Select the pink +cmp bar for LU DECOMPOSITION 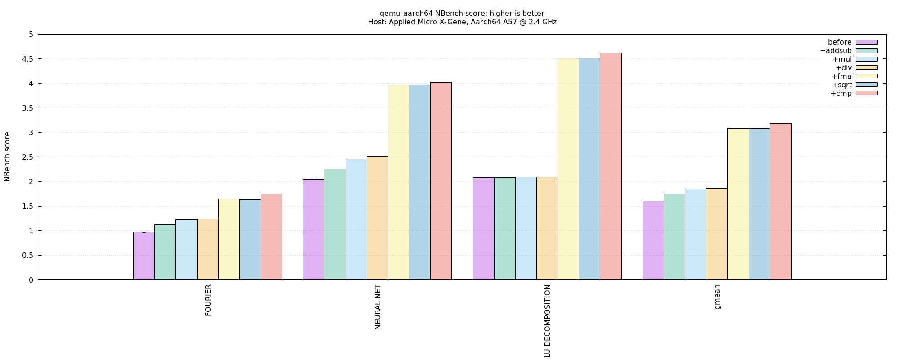tap(611, 166)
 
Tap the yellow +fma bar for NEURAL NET tap(399, 182)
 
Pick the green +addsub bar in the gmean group tap(675, 237)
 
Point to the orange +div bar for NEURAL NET tap(378, 218)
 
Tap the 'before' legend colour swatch tap(867, 42)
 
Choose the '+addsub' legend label tap(836, 50)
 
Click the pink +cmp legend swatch tap(867, 93)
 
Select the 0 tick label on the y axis tap(31, 280)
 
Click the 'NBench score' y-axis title tap(7, 157)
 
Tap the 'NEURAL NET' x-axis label tap(378, 307)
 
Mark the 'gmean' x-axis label tap(717, 297)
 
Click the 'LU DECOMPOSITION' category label tap(547, 321)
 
